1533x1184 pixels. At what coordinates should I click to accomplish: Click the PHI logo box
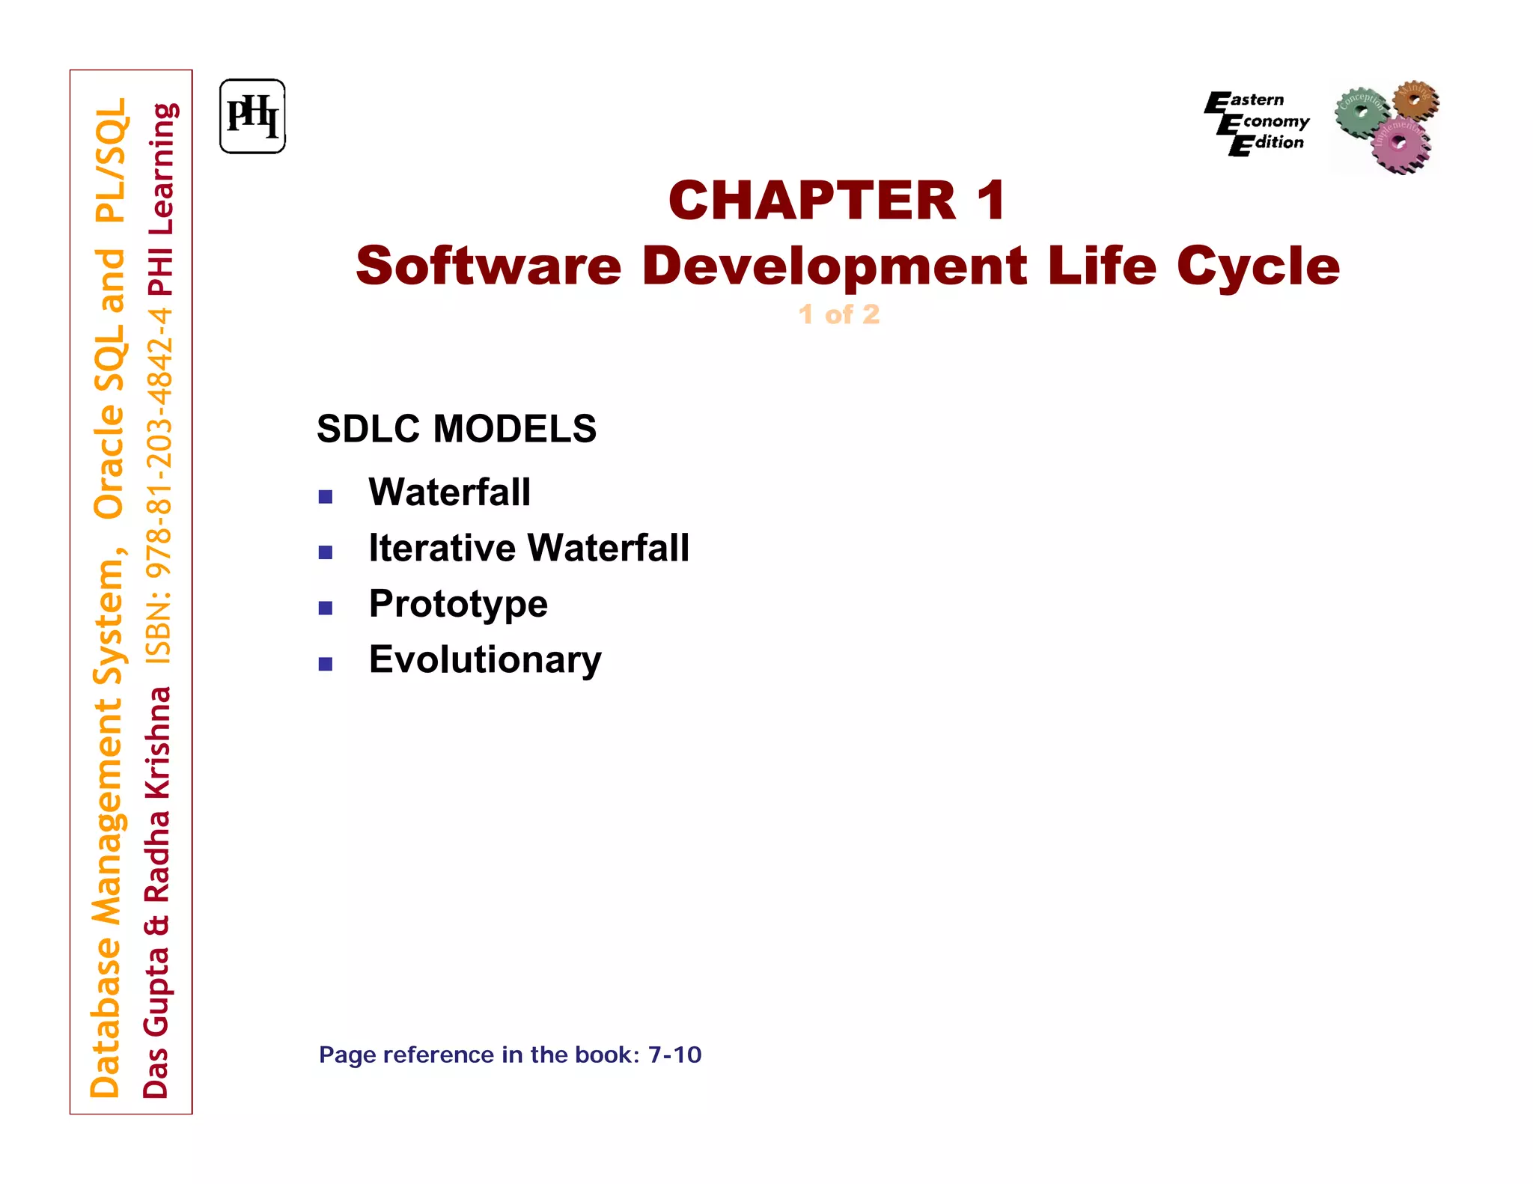252,117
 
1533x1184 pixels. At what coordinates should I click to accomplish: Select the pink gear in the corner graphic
1400,144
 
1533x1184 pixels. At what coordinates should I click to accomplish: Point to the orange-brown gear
1416,99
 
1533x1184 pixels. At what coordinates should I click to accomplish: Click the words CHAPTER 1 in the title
837,201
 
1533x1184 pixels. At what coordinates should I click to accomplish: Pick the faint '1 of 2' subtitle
839,314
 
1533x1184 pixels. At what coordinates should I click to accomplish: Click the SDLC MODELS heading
457,429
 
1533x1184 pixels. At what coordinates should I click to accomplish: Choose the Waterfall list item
449,492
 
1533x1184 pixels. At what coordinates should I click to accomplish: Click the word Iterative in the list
442,548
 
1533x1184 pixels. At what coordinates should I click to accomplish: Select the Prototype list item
458,604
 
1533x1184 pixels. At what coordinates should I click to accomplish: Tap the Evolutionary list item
485,659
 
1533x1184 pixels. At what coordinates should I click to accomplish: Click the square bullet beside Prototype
326,608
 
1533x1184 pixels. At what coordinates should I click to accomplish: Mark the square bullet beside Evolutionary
326,664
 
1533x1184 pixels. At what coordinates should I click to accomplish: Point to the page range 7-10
674,1055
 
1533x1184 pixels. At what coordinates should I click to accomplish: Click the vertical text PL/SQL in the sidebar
111,161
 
